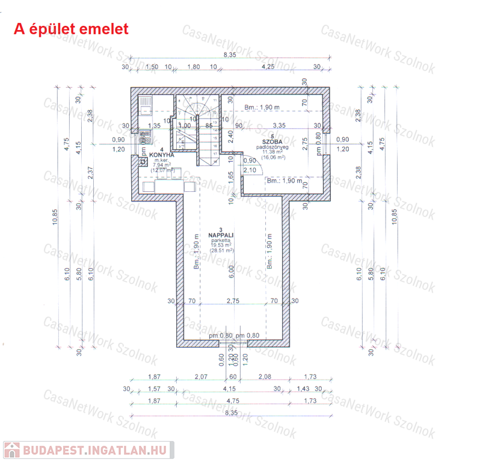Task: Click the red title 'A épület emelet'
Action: click(x=71, y=29)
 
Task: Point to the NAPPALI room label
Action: click(x=221, y=235)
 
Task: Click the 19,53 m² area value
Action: click(x=221, y=245)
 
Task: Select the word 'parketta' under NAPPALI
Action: click(x=221, y=240)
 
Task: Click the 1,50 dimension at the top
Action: click(x=152, y=67)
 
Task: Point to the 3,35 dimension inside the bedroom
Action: click(x=278, y=125)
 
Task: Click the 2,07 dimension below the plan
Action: click(x=201, y=377)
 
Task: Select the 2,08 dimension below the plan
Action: click(x=265, y=377)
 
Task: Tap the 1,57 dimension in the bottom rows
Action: click(x=154, y=389)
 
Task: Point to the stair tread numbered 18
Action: click(x=214, y=161)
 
